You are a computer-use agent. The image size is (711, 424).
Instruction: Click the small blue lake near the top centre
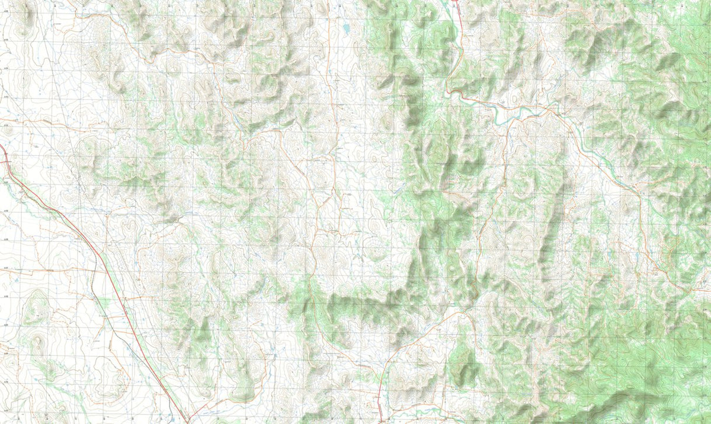tap(345, 27)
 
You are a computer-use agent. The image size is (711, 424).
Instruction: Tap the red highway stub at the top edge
tap(456, 2)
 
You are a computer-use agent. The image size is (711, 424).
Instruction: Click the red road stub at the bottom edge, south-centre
tap(379, 409)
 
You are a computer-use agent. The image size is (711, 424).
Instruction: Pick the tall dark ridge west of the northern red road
tap(409, 89)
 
